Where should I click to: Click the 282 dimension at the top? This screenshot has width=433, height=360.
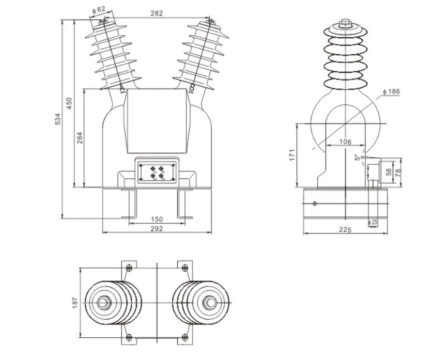pyautogui.click(x=157, y=14)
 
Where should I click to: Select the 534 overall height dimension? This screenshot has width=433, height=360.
pyautogui.click(x=58, y=118)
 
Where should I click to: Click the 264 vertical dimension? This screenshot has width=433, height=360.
pyautogui.click(x=80, y=138)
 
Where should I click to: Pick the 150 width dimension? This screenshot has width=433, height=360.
pyautogui.click(x=157, y=220)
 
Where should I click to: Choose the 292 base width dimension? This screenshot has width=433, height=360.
pyautogui.click(x=157, y=228)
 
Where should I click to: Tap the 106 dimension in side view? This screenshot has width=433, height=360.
pyautogui.click(x=345, y=142)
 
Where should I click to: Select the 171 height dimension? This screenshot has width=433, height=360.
pyautogui.click(x=292, y=154)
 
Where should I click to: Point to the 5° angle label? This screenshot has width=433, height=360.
pyautogui.click(x=356, y=158)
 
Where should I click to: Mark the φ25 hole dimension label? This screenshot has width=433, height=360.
pyautogui.click(x=373, y=222)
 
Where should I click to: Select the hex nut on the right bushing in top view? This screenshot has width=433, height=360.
pyautogui.click(x=210, y=302)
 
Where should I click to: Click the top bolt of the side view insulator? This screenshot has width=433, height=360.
pyautogui.click(x=345, y=23)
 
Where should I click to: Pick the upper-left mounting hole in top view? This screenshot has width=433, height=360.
pyautogui.click(x=129, y=268)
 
